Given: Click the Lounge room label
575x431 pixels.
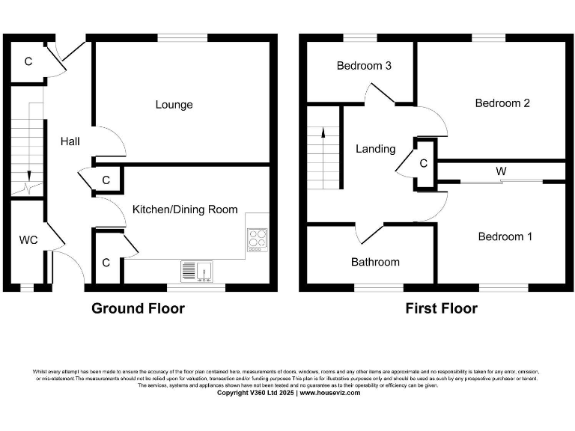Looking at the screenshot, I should tap(174, 105).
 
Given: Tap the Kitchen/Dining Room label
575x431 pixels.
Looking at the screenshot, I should tap(185, 210).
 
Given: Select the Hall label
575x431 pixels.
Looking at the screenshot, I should tap(70, 141).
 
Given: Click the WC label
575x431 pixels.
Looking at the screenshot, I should tap(28, 240).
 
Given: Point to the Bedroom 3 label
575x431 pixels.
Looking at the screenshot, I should tap(364, 66).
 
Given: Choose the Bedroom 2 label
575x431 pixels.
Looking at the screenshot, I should tap(502, 103).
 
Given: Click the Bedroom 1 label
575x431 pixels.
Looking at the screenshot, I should tap(505, 236).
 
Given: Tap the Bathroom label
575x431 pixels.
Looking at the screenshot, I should tap(375, 262).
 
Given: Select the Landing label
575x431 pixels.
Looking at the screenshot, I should tap(375, 149).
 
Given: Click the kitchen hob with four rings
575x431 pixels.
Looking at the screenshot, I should tap(257, 238).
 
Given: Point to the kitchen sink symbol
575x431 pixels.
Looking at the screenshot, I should tap(197, 271).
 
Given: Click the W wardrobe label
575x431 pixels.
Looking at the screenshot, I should tap(500, 171).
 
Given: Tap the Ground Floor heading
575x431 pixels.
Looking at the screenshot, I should tap(138, 308).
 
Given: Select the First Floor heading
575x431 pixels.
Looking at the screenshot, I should tap(441, 308).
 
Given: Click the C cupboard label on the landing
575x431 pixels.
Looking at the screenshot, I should tap(424, 163).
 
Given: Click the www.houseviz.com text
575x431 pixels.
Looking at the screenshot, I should tap(330, 393).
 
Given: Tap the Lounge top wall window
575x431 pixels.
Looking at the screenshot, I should tap(183, 37).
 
